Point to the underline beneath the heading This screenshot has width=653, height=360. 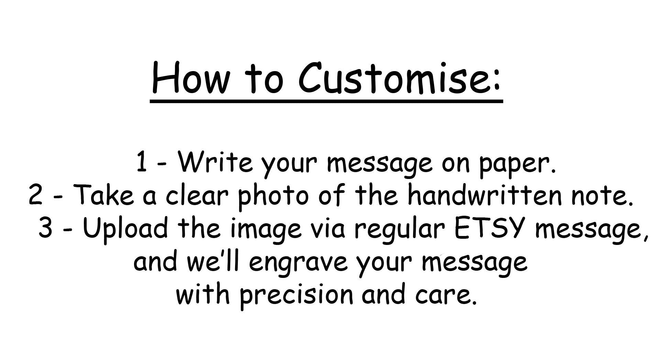[x=326, y=101]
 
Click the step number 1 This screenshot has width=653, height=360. [x=142, y=161]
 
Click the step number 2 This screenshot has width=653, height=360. [x=35, y=194]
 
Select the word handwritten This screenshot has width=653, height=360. [x=485, y=194]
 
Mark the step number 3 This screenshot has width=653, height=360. [x=45, y=227]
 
